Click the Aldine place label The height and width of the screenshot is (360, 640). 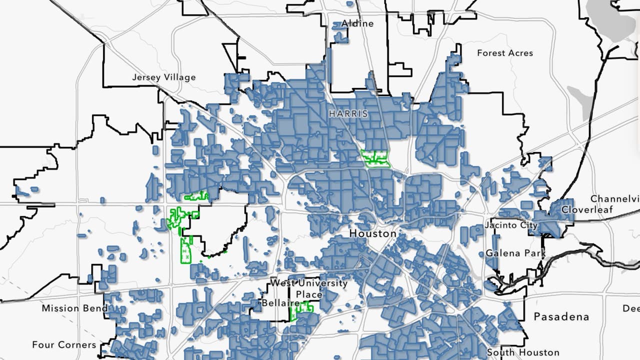pos(357,23)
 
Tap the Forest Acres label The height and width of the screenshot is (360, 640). pos(505,53)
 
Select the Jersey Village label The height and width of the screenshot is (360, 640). pos(164,77)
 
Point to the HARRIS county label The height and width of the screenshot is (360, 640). pos(348,114)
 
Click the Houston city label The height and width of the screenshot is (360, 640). pos(373,233)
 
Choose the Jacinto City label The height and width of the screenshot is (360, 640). pos(511,225)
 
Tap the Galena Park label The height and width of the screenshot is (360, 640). pos(515,253)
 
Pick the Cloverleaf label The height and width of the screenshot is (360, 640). pos(587,210)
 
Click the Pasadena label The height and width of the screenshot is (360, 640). pos(561,316)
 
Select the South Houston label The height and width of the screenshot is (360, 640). pos(523,352)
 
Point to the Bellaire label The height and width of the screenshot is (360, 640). pos(280,303)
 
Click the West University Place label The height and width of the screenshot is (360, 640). pos(309,288)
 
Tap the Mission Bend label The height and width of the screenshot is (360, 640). pos(74,308)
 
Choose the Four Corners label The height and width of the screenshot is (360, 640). pos(64,345)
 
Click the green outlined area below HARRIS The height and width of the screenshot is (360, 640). pos(375,159)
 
